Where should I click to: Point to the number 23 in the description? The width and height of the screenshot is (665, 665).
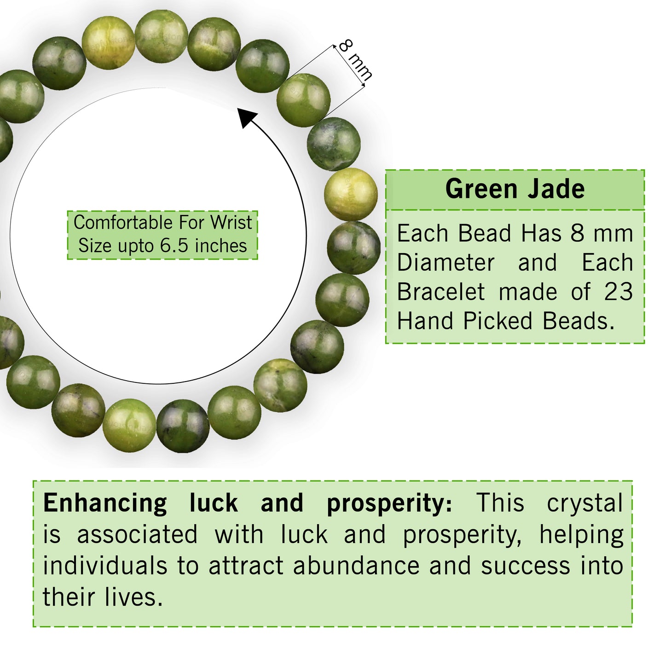(619, 292)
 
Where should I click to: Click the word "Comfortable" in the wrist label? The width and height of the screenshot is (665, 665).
(122, 223)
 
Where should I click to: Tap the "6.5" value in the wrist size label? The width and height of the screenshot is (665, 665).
(174, 246)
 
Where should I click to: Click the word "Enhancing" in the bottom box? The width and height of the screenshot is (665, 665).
(105, 503)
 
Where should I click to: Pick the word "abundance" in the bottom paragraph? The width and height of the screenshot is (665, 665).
(356, 566)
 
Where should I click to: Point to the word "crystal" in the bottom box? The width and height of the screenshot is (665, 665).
(584, 503)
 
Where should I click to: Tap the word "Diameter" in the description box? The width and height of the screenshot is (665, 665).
(446, 263)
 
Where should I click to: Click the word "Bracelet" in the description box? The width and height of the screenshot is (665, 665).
(441, 292)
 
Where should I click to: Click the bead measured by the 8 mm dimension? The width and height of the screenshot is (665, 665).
(303, 100)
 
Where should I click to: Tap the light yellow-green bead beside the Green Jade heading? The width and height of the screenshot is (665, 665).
(351, 194)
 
